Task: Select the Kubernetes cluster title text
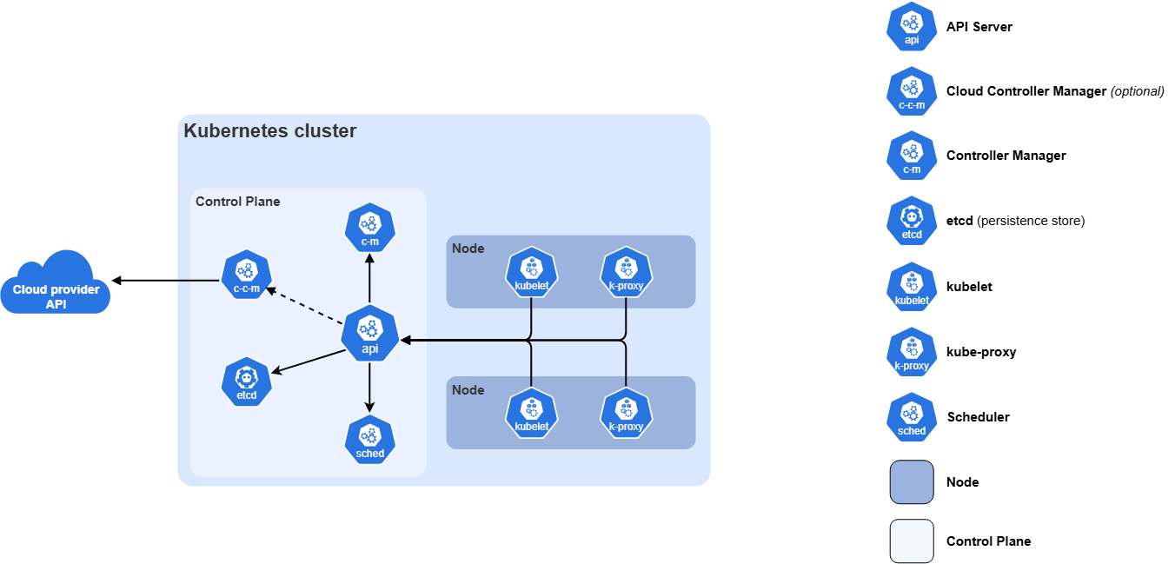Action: tap(269, 131)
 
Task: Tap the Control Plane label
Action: tap(237, 202)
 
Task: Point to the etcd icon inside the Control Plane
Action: tap(247, 382)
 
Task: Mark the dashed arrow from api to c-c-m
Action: tap(304, 305)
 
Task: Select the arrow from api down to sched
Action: tap(370, 387)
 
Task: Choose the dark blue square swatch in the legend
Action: tap(912, 482)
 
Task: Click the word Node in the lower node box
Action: tap(468, 390)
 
